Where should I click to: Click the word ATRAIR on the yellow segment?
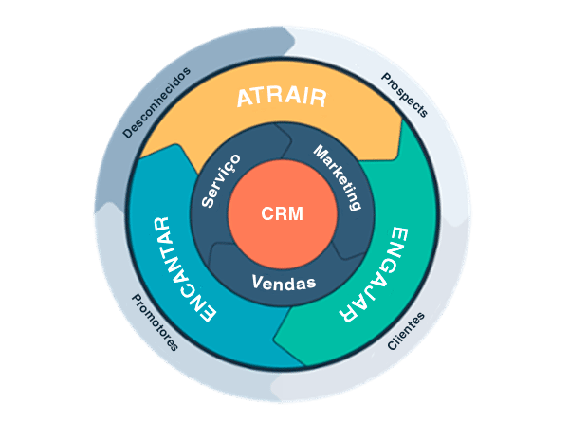coord(282,97)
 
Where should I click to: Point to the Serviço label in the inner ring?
coord(222,180)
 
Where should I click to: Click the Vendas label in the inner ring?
coord(284,283)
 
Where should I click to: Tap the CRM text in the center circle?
coord(283,214)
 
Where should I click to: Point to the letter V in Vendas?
coord(256,282)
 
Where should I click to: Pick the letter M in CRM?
coord(297,214)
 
